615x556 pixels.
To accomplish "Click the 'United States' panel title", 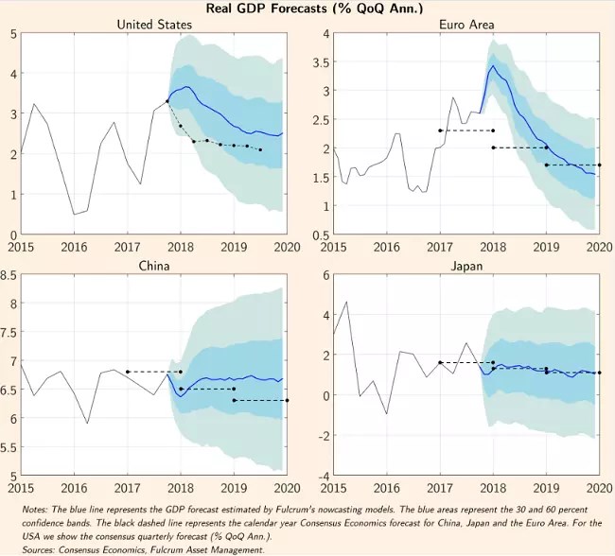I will click(152, 24).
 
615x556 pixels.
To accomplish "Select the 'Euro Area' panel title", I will click(466, 24).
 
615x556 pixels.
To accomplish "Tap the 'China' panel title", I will click(152, 266).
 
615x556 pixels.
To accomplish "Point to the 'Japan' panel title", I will click(466, 266).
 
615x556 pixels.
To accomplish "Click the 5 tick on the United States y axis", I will click(12, 34).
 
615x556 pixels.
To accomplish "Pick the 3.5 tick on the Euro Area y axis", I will click(320, 62).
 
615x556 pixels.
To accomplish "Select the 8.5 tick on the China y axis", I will click(9, 275).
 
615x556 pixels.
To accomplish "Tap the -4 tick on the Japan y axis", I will click(322, 475).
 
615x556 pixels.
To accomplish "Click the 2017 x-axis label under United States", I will click(127, 246).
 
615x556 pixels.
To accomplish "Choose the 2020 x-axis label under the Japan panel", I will click(599, 488).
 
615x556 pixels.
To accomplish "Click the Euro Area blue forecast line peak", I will click(492, 66).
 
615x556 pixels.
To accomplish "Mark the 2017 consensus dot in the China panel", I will click(127, 372).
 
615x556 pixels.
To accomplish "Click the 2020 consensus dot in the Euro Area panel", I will click(599, 165).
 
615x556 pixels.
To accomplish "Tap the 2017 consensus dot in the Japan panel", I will click(439, 362).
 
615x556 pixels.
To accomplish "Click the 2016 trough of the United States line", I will click(74, 215).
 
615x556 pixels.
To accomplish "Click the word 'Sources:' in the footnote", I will click(41, 547).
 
